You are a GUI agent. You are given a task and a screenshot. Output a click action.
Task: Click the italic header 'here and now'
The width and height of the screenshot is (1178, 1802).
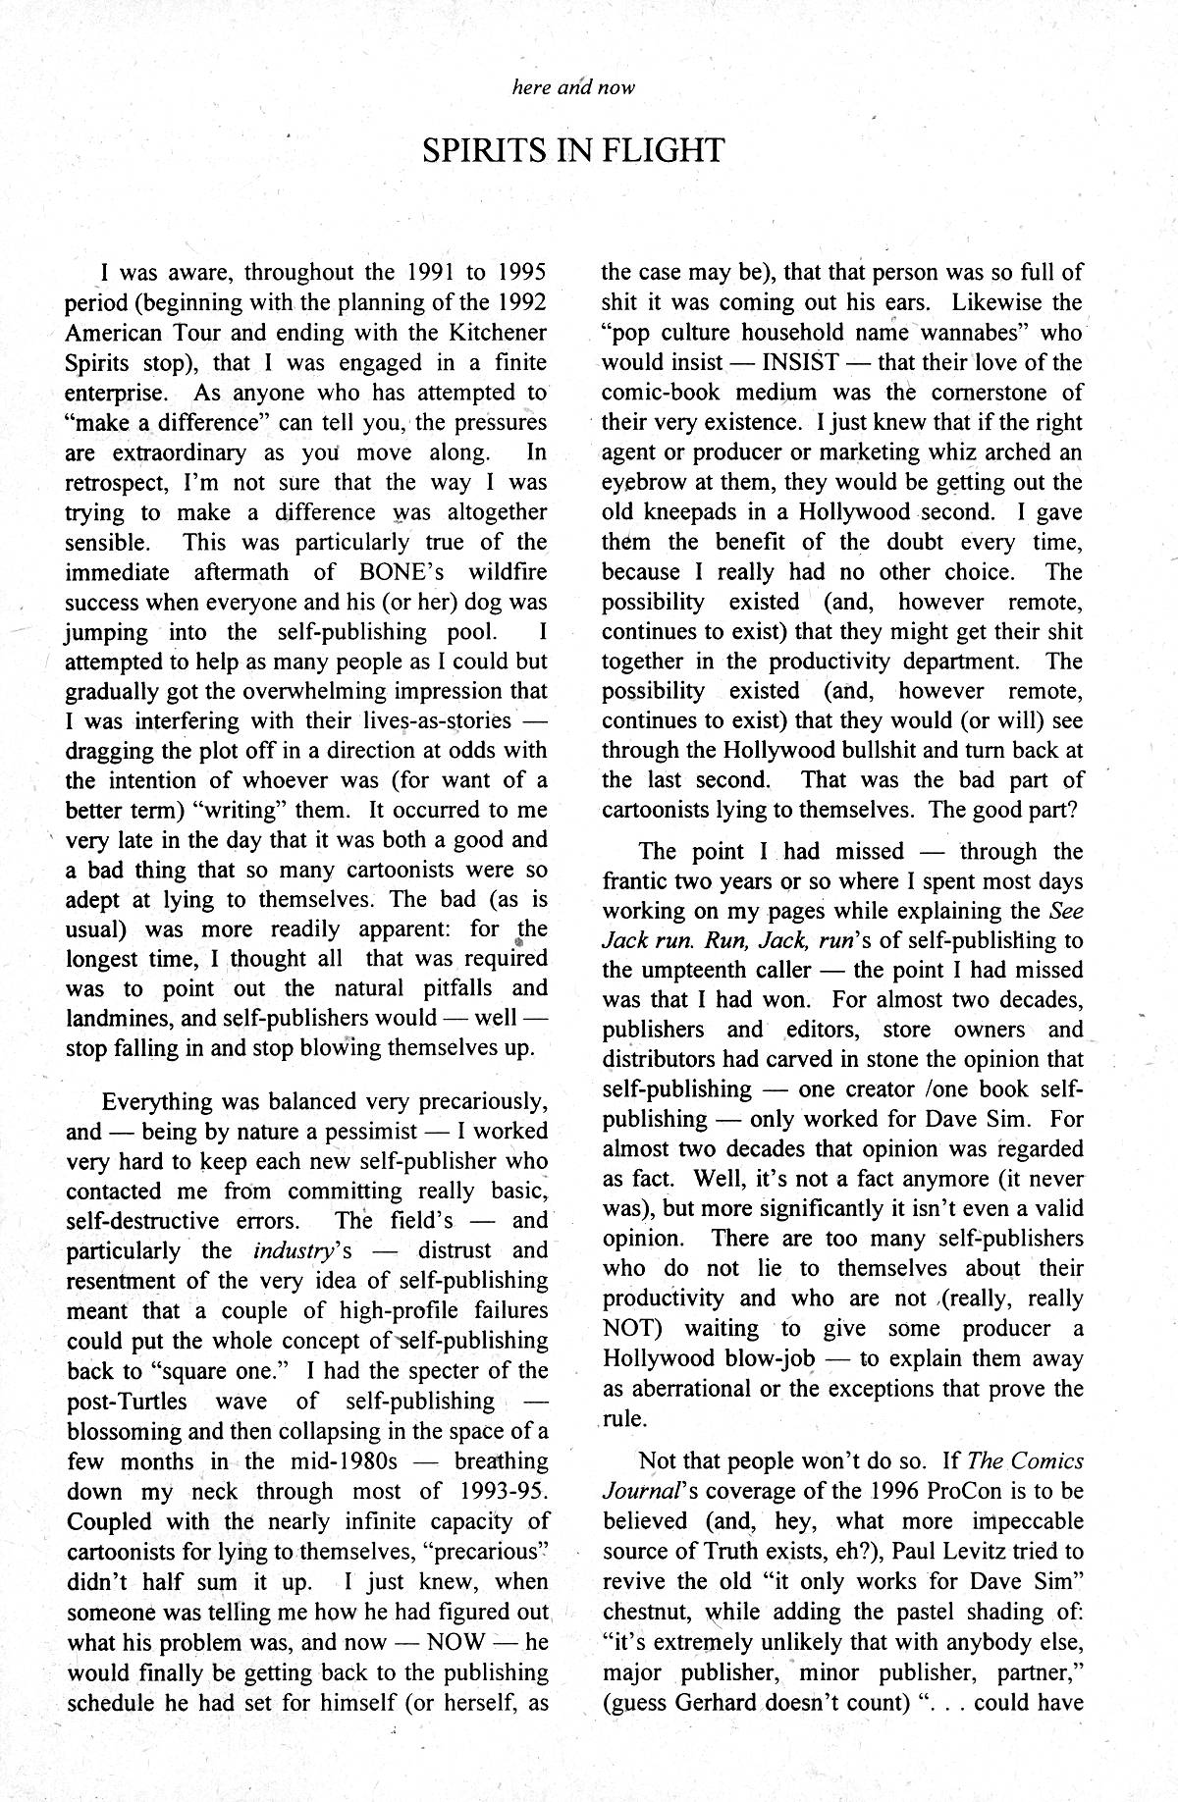pyautogui.click(x=573, y=86)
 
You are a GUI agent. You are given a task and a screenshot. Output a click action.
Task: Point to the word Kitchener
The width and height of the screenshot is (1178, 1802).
pyautogui.click(x=492, y=333)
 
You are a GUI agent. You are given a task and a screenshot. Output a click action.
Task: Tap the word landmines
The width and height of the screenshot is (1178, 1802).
pyautogui.click(x=113, y=1018)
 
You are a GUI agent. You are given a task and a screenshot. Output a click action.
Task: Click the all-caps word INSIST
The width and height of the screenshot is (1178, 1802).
pyautogui.click(x=800, y=362)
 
